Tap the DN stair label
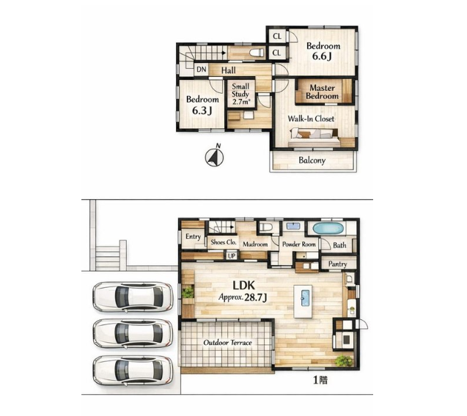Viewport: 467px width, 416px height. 202,70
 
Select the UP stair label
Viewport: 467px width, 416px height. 232,256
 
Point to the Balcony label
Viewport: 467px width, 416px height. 312,160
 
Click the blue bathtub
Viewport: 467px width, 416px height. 328,229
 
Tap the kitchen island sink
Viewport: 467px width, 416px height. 305,298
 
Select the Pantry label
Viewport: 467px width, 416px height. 337,264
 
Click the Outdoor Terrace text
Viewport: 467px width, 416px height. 227,343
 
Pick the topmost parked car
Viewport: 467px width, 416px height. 133,297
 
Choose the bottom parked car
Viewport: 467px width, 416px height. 133,370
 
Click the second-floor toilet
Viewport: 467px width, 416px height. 257,53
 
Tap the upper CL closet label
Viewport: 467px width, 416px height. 277,37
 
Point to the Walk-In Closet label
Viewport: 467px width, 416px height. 311,119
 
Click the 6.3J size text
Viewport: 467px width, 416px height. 202,111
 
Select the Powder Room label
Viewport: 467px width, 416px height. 298,245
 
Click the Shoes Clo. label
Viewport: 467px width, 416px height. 224,242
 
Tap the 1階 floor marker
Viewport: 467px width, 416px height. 320,380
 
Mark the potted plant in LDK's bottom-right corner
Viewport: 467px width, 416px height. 343,360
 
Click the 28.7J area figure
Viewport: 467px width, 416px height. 255,297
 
